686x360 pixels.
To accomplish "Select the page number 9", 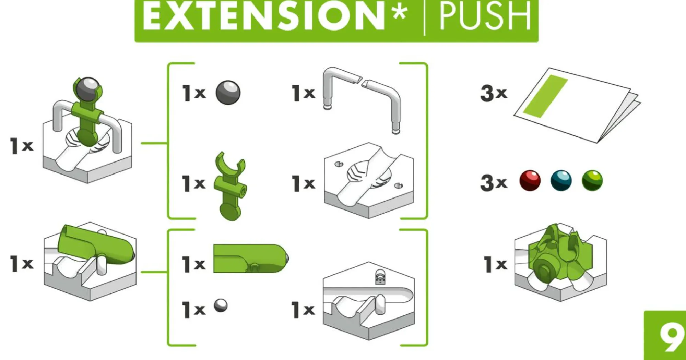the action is [x=671, y=337].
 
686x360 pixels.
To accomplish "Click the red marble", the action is [x=530, y=180].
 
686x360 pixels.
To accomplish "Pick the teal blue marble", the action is [x=561, y=180].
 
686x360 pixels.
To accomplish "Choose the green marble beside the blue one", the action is [x=592, y=180].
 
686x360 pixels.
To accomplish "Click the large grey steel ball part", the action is [x=228, y=93].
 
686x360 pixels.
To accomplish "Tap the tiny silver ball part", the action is [x=221, y=305].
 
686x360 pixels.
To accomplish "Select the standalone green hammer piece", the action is [x=230, y=186].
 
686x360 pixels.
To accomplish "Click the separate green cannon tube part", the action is [x=251, y=259].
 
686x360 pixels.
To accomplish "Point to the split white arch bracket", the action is [x=362, y=99].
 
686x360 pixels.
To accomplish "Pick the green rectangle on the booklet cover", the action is [x=545, y=96].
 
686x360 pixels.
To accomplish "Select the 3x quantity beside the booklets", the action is [x=494, y=93].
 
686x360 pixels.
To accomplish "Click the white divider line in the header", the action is [x=425, y=17].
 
